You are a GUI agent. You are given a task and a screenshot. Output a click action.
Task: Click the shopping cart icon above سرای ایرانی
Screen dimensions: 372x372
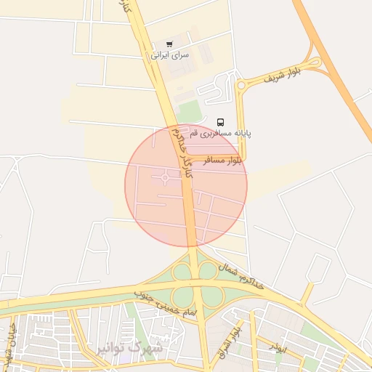(170, 44)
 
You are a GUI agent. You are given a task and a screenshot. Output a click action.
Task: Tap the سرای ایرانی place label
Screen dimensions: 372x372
(170, 55)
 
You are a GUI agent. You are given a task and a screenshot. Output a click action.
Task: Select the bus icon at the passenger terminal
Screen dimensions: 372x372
(221, 122)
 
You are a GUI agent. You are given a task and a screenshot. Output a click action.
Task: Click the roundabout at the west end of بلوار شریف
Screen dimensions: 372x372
(240, 86)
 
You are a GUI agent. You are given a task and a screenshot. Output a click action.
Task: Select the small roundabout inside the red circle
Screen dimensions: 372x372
(166, 177)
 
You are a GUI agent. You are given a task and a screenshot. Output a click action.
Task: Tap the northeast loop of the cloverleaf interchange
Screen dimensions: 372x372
(208, 271)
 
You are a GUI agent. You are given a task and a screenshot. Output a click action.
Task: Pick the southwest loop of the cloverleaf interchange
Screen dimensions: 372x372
(182, 296)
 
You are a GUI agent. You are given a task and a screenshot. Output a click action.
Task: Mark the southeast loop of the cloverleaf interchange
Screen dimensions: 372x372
(211, 296)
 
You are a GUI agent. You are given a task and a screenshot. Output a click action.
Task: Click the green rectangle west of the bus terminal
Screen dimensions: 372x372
(189, 111)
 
